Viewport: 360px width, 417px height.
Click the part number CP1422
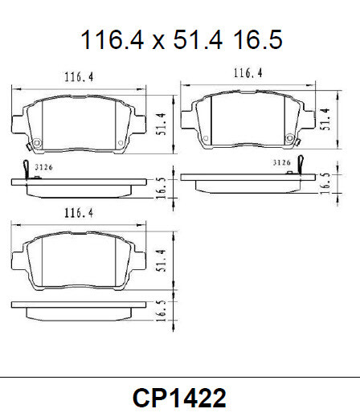[x=179, y=398]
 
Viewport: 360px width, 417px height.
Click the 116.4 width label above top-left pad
[x=79, y=77]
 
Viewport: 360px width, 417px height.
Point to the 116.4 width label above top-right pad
[x=248, y=73]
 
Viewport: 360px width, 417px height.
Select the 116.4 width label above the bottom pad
[x=79, y=214]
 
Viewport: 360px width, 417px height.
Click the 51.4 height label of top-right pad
[x=325, y=120]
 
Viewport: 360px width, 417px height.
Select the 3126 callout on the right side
[x=280, y=162]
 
